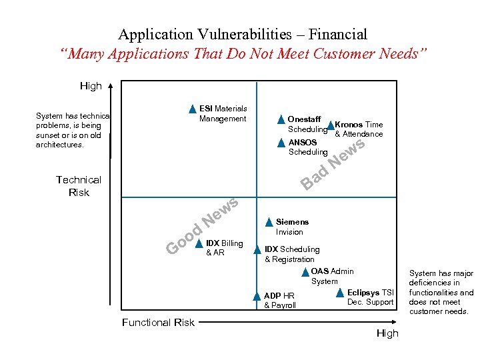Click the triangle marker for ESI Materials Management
click(192, 109)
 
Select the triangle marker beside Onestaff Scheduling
click(281, 120)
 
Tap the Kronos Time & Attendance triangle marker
click(330, 125)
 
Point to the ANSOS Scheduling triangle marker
click(281, 143)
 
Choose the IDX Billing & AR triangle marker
click(199, 244)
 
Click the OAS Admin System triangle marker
click(305, 272)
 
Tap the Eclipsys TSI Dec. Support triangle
click(339, 293)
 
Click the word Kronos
click(349, 125)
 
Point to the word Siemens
click(292, 222)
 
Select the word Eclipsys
click(363, 293)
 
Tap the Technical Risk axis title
click(79, 186)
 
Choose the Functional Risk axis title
click(158, 323)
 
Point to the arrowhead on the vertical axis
click(111, 85)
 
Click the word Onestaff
click(303, 119)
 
